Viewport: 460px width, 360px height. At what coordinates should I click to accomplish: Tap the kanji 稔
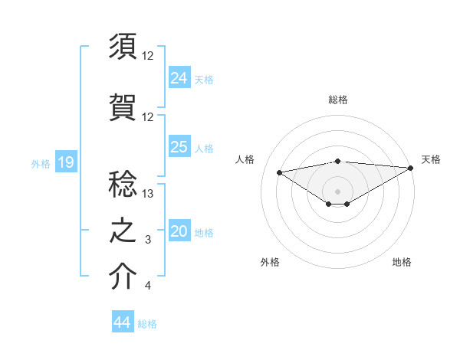tap(123, 185)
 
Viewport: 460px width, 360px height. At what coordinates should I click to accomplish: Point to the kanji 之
tap(123, 231)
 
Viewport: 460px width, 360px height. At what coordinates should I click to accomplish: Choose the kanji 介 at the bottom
tap(123, 277)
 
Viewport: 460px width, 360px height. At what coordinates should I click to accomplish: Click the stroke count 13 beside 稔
tap(148, 194)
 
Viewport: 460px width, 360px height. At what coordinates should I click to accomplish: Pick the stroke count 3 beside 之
tap(148, 241)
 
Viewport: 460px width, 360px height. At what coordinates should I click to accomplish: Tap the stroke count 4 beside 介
tap(148, 286)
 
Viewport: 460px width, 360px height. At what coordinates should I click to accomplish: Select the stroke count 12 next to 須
tap(148, 56)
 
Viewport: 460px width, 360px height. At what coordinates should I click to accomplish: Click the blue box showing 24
tap(179, 77)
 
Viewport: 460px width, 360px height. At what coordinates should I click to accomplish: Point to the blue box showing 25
tap(179, 147)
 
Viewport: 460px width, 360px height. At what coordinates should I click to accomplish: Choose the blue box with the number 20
tap(179, 232)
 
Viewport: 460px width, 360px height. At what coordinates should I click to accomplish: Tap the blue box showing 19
tap(66, 162)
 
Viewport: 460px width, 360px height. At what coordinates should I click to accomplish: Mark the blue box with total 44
tap(122, 322)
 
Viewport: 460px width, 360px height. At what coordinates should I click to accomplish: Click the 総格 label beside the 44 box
tap(148, 324)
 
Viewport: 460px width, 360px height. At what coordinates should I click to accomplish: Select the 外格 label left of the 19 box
tap(41, 163)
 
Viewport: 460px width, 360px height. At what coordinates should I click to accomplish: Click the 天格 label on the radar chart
tap(431, 159)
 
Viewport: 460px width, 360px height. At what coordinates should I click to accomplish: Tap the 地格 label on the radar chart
tap(402, 262)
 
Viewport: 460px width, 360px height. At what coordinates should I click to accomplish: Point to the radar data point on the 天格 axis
tap(411, 168)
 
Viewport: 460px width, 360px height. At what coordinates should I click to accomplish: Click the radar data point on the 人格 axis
tap(279, 172)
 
